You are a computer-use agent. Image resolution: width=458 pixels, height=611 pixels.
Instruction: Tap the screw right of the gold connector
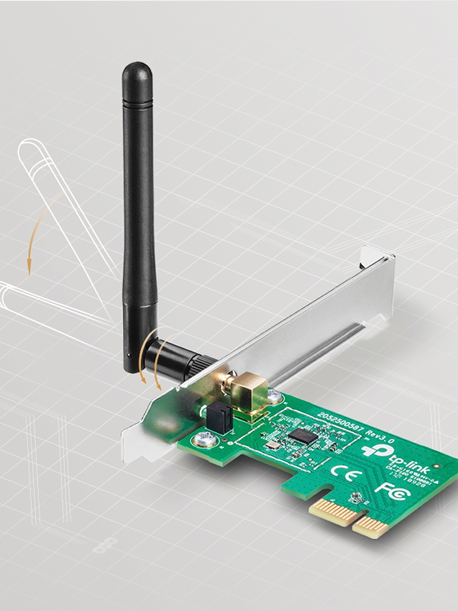pyautogui.click(x=274, y=396)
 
